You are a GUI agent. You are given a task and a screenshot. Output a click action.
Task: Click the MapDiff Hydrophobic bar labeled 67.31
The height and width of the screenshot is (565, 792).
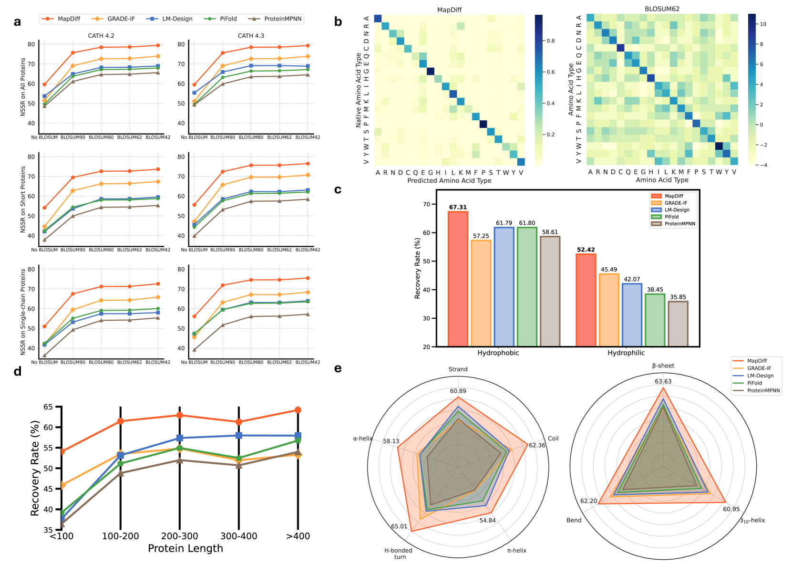tap(458, 279)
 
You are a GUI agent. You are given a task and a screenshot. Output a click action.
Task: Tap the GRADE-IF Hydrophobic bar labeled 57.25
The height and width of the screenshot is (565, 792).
tap(481, 293)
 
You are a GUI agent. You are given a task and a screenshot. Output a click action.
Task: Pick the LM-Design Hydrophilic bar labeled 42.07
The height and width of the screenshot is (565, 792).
tap(632, 315)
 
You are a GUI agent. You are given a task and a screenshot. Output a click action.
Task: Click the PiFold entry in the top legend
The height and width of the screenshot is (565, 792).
tap(228, 19)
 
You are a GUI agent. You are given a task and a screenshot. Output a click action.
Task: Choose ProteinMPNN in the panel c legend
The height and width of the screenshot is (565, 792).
tap(680, 224)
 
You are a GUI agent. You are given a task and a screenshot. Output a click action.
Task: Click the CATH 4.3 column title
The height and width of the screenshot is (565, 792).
tap(251, 36)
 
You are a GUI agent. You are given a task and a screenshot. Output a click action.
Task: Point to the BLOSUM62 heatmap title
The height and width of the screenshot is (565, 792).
tap(662, 9)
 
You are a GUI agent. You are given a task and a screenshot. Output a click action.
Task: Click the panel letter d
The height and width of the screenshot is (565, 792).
tap(18, 371)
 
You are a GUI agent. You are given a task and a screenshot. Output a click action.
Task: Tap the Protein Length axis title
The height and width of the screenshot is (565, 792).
tap(185, 549)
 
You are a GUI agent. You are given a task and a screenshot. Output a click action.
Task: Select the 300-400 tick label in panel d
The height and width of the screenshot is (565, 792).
tap(238, 536)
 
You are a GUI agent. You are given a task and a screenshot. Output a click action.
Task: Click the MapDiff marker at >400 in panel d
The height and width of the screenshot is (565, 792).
tap(298, 410)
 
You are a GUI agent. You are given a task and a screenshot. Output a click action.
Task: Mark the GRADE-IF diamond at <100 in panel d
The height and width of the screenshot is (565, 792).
tap(62, 485)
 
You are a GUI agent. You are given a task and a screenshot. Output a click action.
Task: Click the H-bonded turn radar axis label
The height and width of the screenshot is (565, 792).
tap(399, 554)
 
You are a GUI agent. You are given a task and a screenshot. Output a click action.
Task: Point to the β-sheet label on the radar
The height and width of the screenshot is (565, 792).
tap(663, 366)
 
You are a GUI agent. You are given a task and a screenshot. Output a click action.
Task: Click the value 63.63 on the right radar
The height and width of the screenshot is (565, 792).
tap(663, 381)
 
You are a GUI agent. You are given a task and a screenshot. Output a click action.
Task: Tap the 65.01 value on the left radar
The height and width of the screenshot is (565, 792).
tap(399, 526)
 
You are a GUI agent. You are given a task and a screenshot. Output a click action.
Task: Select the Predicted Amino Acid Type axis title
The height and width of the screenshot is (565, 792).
tap(449, 181)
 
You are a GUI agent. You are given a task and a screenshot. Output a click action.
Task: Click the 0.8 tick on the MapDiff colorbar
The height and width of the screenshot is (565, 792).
tap(550, 41)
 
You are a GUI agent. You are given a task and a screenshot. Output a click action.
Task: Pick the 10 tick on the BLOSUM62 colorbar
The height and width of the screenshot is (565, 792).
tap(763, 24)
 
